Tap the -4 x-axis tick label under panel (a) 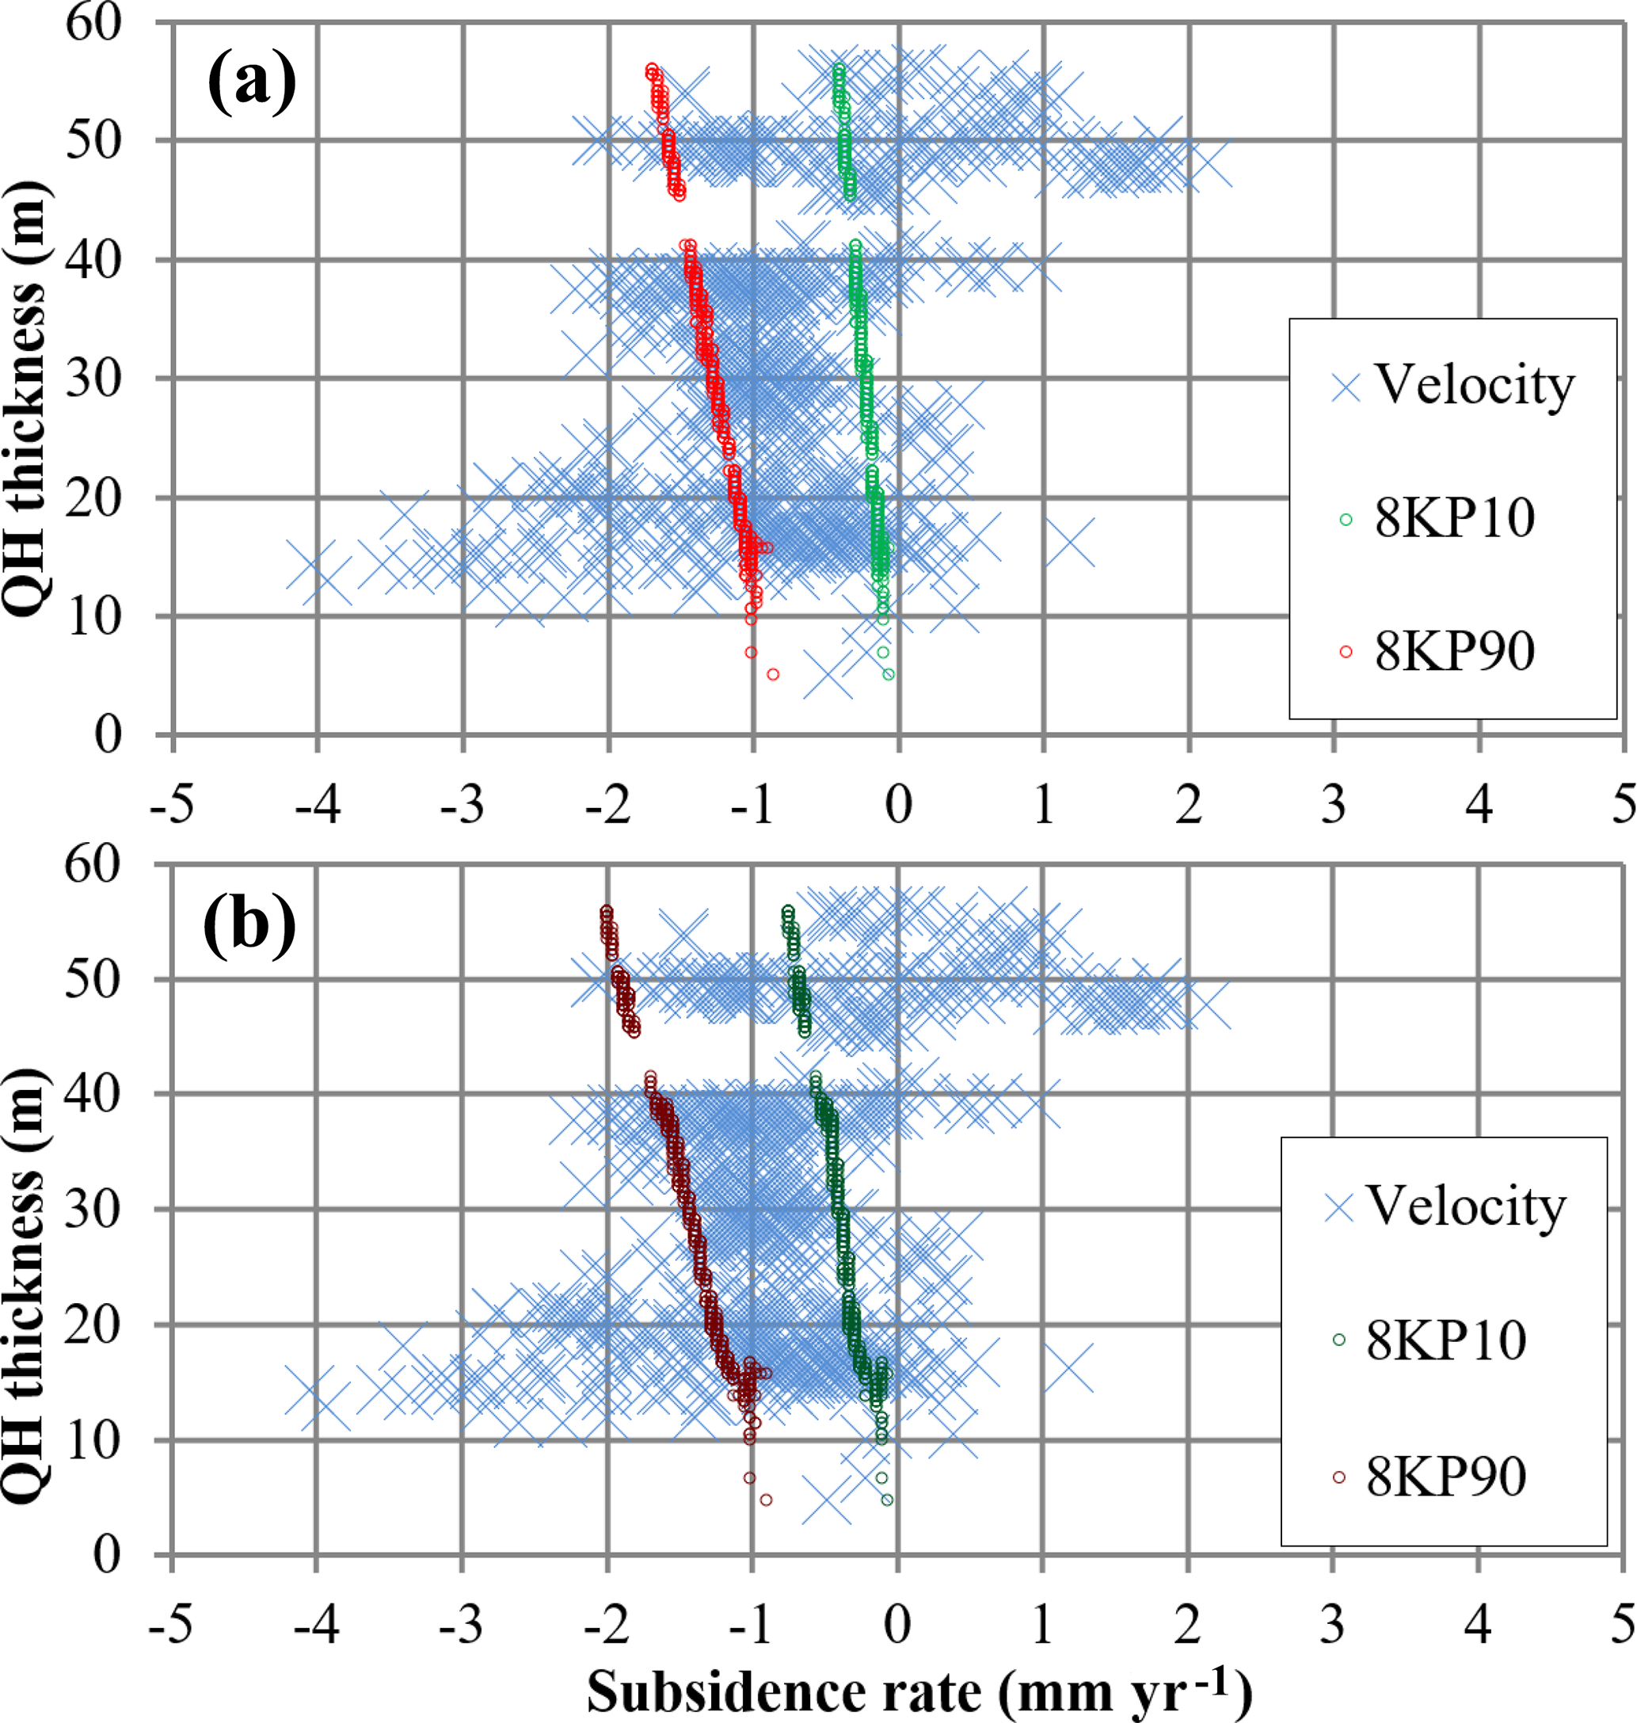coord(317,804)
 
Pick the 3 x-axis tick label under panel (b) coord(1332,1624)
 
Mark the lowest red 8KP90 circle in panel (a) coord(772,674)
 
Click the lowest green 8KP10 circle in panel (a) coord(889,674)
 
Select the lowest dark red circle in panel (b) coord(765,1500)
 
